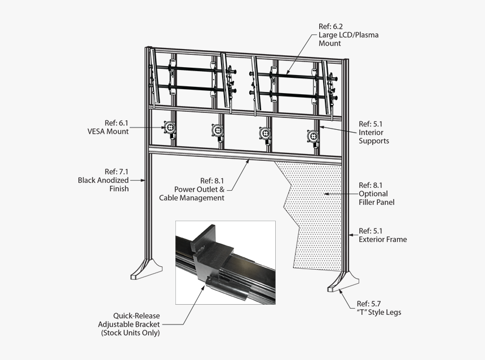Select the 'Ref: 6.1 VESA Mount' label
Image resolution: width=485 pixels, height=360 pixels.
(x=108, y=126)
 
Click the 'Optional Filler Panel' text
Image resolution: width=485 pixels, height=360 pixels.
(x=376, y=197)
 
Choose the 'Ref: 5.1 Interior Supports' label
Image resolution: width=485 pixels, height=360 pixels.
(x=374, y=132)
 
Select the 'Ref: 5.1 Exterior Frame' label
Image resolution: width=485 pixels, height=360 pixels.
(x=382, y=235)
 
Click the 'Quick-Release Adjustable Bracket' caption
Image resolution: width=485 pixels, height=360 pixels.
(x=129, y=324)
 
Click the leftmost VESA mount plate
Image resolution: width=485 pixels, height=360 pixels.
(x=169, y=128)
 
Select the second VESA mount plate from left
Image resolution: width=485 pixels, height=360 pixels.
(x=217, y=130)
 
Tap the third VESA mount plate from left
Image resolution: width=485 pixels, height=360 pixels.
(x=264, y=133)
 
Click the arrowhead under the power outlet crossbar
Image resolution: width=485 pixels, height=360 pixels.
(x=248, y=161)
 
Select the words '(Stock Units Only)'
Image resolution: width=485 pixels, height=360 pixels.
(x=130, y=333)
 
